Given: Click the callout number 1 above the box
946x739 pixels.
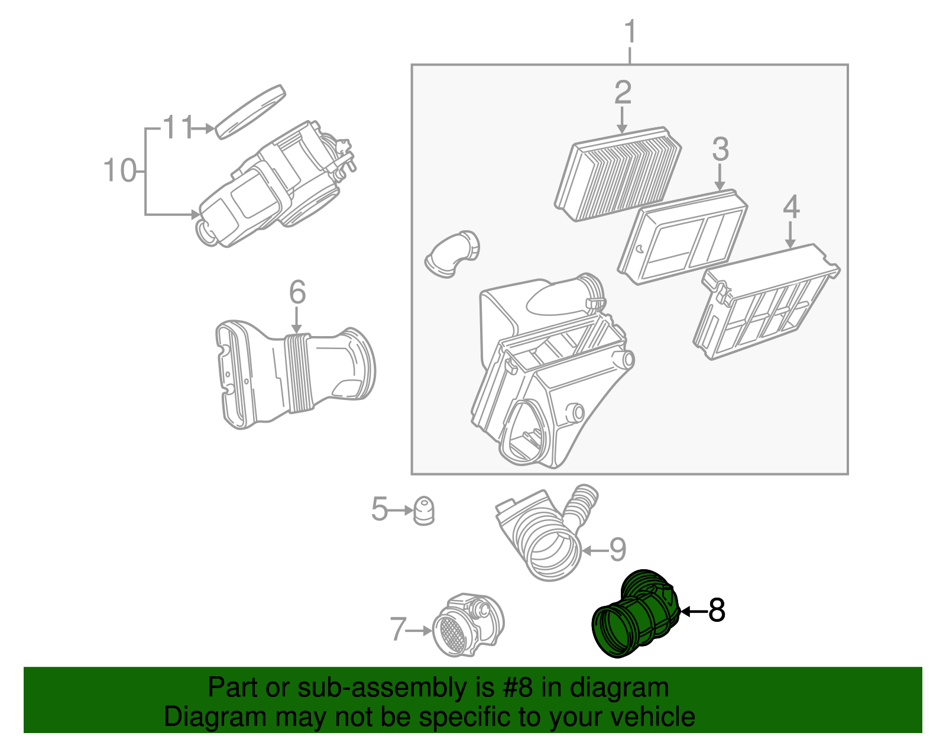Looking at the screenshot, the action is [630, 31].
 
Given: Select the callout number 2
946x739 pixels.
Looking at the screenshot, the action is [623, 92].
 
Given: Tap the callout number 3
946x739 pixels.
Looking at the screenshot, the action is [720, 149].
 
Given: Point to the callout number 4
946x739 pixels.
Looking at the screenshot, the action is [791, 207].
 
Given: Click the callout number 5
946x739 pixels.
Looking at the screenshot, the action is [379, 508].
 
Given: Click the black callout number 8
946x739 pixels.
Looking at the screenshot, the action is [717, 610].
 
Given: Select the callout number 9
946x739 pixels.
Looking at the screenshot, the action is [618, 550].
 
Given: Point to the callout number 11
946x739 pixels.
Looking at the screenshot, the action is [179, 127].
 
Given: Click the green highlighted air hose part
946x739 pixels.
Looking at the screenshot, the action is [636, 614].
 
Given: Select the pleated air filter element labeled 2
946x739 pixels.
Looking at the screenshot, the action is [618, 174].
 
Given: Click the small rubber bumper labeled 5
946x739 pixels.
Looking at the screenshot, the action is [423, 511].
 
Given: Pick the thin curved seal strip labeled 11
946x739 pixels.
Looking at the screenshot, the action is [251, 112].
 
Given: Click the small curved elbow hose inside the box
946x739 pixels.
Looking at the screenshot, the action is [452, 254].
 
